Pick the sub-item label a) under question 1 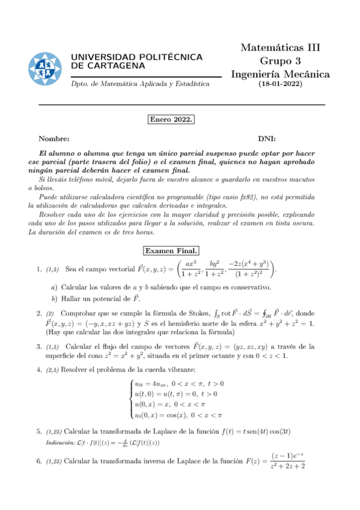click(x=55, y=287)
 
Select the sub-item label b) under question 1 click(x=55, y=298)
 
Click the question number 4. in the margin click(x=39, y=369)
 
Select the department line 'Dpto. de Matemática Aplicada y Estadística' click(x=140, y=84)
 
